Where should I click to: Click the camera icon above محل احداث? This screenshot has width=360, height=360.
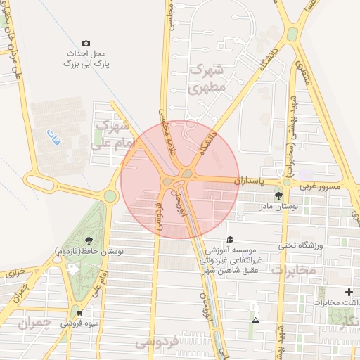click(x=86, y=44)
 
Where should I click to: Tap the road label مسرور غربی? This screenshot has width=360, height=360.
click(x=320, y=187)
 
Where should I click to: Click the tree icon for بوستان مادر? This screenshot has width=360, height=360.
click(x=280, y=197)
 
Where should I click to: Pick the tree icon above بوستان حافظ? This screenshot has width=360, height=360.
click(x=87, y=240)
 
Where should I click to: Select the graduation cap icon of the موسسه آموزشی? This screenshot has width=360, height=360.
click(x=229, y=240)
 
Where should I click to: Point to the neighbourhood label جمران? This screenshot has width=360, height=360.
click(x=34, y=323)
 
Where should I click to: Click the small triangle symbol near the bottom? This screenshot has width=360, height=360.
click(x=255, y=321)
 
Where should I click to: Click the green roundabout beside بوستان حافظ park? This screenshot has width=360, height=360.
click(x=110, y=195)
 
